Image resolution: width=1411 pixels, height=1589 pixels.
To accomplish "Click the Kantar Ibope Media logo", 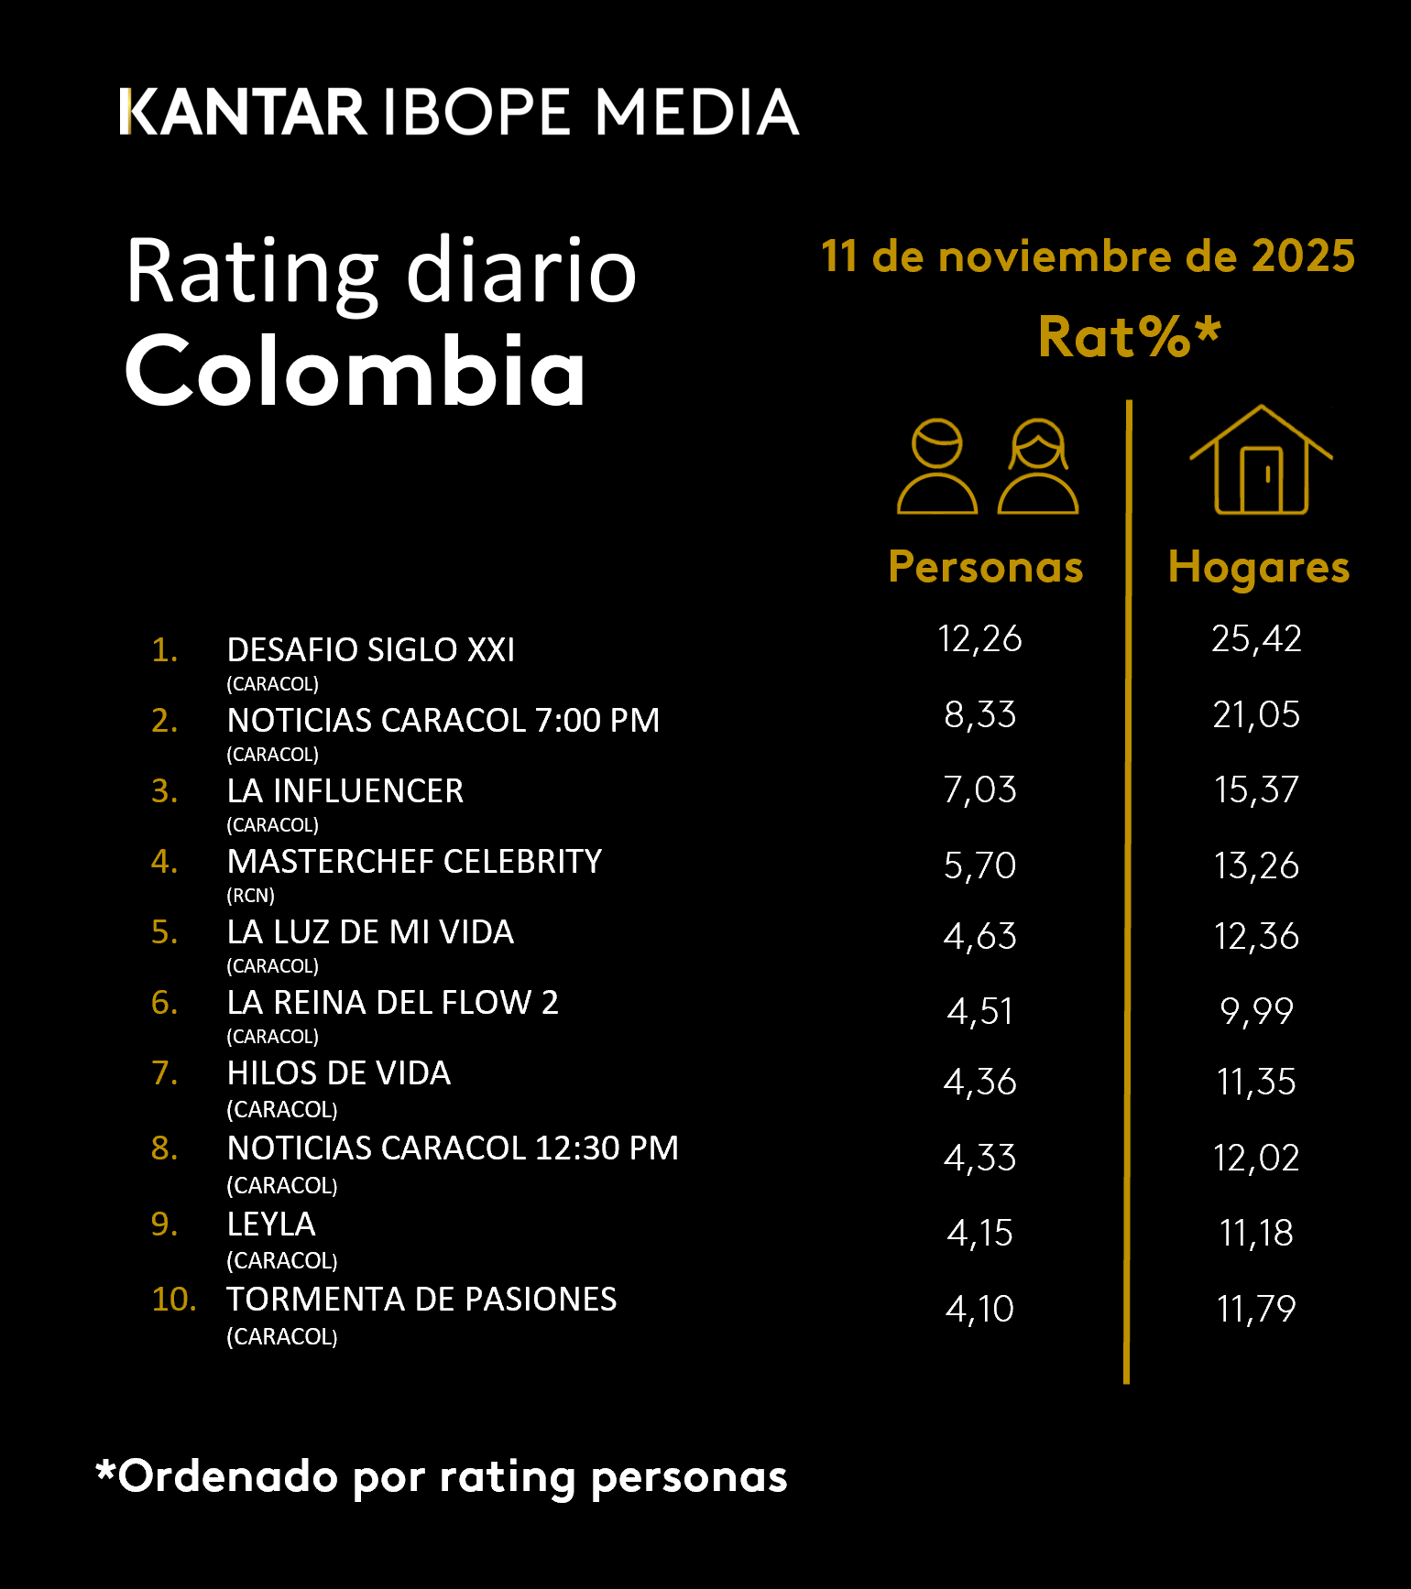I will click(x=459, y=113).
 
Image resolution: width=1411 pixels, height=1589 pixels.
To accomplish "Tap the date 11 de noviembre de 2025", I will click(x=1088, y=256).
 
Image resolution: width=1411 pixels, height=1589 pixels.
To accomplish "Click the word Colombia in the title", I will click(x=355, y=371).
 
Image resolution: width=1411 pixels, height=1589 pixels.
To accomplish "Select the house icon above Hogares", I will click(x=1261, y=461).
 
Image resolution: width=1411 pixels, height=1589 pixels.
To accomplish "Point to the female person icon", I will click(x=1038, y=467).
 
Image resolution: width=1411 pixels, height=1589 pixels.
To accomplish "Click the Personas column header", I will click(x=986, y=567).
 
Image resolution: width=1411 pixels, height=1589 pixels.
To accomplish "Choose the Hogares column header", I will click(x=1259, y=567).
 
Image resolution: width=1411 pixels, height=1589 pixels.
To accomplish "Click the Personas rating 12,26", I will click(x=979, y=638).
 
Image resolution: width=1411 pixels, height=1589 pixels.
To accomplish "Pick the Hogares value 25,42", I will click(x=1256, y=638).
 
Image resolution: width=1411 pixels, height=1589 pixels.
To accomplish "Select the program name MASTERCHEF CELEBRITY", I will click(x=414, y=862).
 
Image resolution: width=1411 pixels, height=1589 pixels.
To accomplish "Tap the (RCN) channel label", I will click(x=251, y=896).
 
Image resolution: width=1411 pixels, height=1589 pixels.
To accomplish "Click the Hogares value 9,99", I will click(x=1256, y=1011).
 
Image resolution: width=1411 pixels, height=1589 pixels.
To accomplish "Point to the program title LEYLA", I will click(x=271, y=1224).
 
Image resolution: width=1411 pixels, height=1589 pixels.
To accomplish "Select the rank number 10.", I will click(x=173, y=1300).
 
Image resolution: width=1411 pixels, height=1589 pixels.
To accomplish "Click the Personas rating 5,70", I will click(x=979, y=865).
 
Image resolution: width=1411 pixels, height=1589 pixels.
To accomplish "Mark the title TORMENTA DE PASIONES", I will click(x=421, y=1300).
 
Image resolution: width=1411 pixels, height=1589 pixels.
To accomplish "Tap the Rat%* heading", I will click(x=1129, y=337).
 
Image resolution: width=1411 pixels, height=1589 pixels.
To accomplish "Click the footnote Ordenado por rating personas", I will click(x=442, y=1476).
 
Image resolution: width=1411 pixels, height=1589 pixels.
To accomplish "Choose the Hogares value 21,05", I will click(x=1256, y=714).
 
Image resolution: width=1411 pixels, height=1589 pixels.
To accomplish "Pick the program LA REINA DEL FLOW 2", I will click(x=392, y=1003).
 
